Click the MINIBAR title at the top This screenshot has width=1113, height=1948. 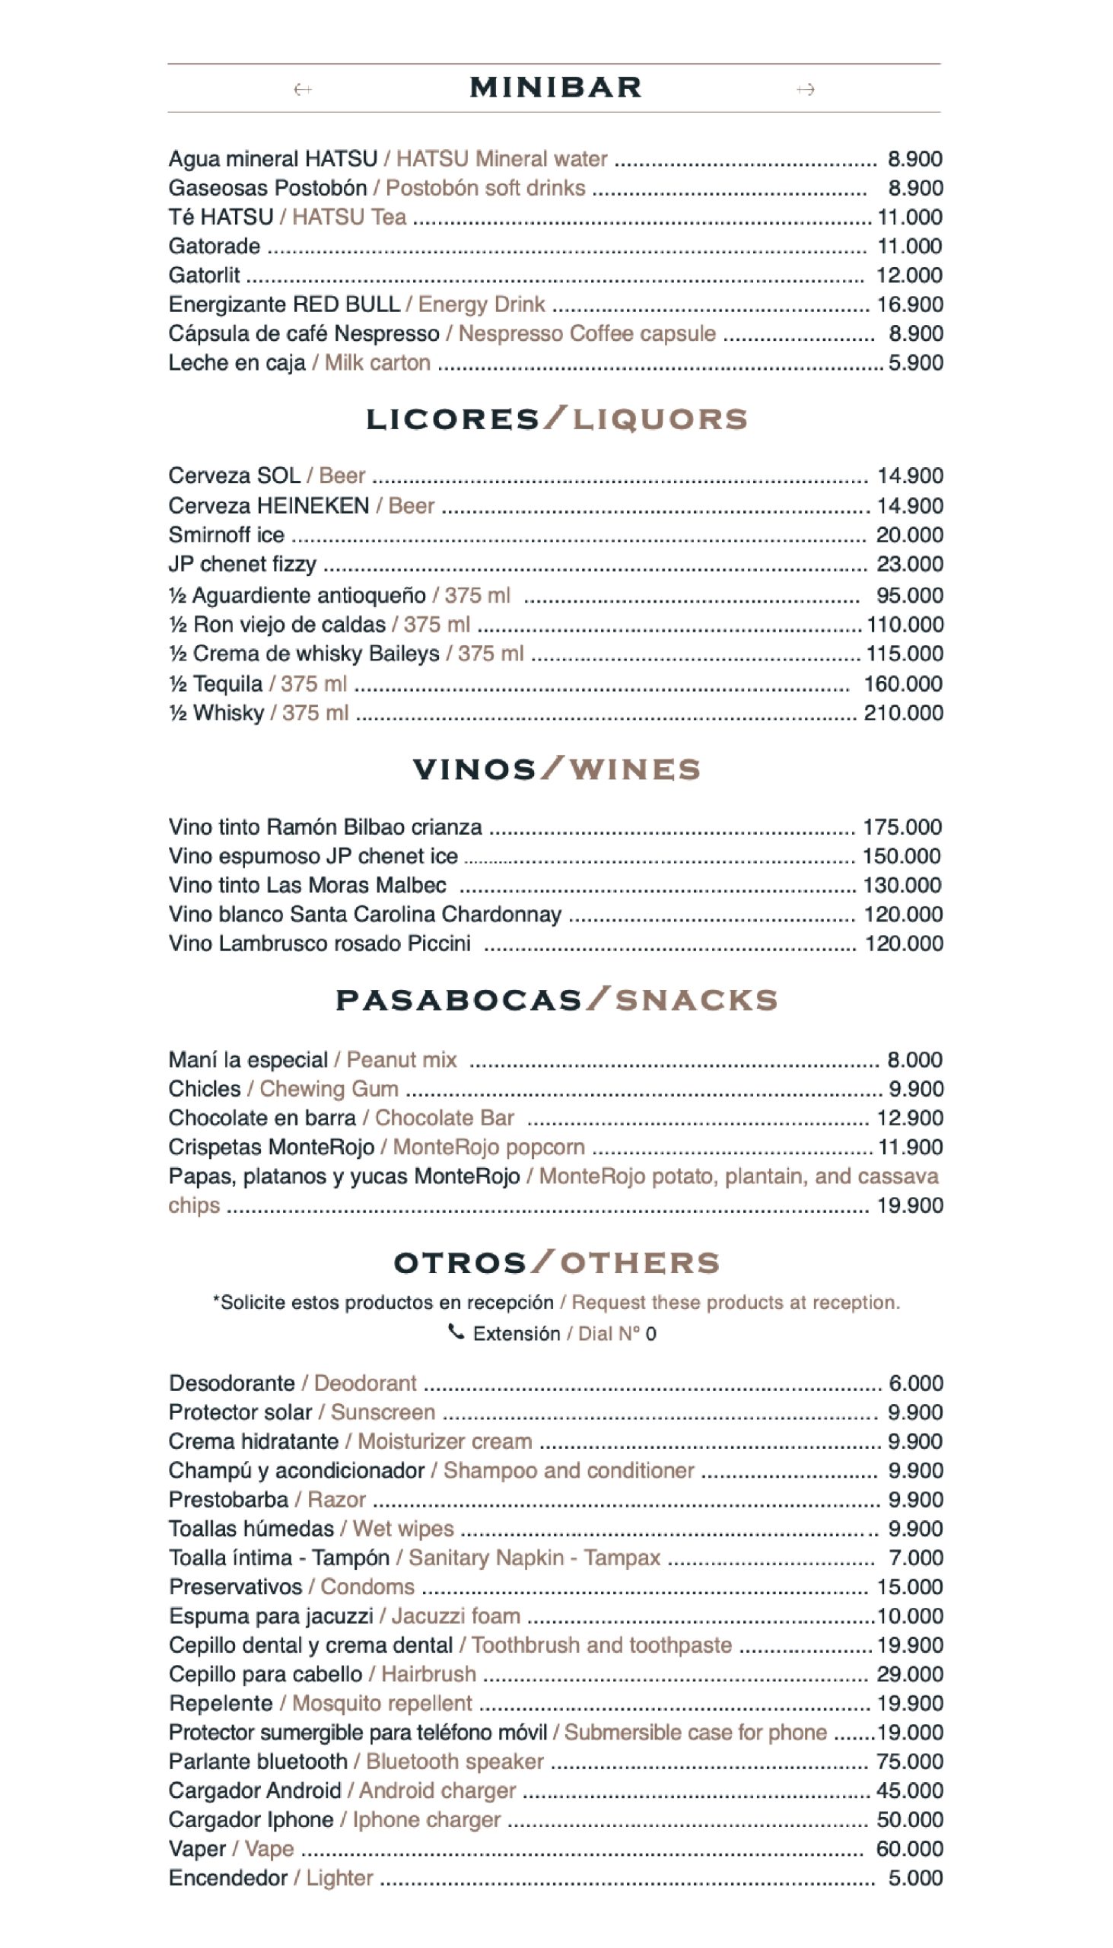(555, 88)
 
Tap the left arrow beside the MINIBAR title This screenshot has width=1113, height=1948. (303, 90)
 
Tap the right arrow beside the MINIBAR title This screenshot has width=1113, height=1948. (805, 90)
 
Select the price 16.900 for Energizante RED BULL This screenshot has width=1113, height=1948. (910, 304)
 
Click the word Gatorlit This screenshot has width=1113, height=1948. (204, 275)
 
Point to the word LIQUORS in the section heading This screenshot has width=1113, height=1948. (660, 419)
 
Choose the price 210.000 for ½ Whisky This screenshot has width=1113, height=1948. (904, 712)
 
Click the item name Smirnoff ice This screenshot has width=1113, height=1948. (226, 534)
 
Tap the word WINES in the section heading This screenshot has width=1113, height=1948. (634, 769)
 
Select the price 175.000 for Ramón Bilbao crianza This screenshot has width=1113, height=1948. (902, 826)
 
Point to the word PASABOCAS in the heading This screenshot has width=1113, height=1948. (459, 1000)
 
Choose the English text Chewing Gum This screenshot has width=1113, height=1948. (329, 1089)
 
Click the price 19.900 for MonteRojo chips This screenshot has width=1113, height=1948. (910, 1205)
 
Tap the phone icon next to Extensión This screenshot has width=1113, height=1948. (456, 1332)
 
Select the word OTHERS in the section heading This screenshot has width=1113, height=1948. (641, 1263)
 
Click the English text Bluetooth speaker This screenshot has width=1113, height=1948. (455, 1762)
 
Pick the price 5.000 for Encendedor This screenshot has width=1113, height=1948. (915, 1878)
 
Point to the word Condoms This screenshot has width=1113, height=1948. (367, 1587)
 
